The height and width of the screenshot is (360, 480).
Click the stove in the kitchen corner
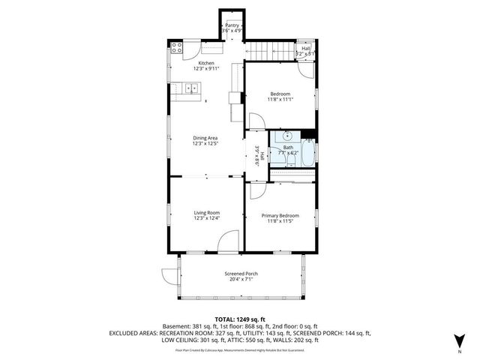point(178,49)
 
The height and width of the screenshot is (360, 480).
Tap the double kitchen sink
point(190,89)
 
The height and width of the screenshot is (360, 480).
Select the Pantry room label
point(232,25)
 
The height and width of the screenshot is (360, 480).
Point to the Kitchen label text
point(206,63)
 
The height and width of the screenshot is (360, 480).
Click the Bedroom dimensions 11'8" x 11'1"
point(280,99)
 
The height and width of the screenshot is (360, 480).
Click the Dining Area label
point(205,138)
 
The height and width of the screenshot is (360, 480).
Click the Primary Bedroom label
point(280,216)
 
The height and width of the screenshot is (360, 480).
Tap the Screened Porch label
point(241,274)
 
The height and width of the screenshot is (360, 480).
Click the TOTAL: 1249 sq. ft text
point(240,319)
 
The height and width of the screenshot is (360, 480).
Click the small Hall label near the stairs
point(305,48)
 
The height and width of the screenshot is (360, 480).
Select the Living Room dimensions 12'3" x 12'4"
point(205,218)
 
